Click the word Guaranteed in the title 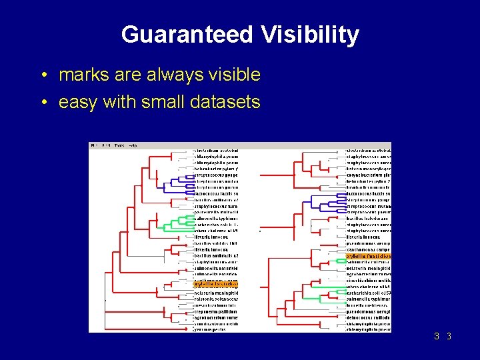185,35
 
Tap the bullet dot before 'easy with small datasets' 43,103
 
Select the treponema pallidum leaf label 215,311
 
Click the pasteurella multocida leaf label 215,213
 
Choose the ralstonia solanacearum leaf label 215,299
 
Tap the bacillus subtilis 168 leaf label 215,243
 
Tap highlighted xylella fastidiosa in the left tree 215,285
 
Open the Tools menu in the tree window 119,145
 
